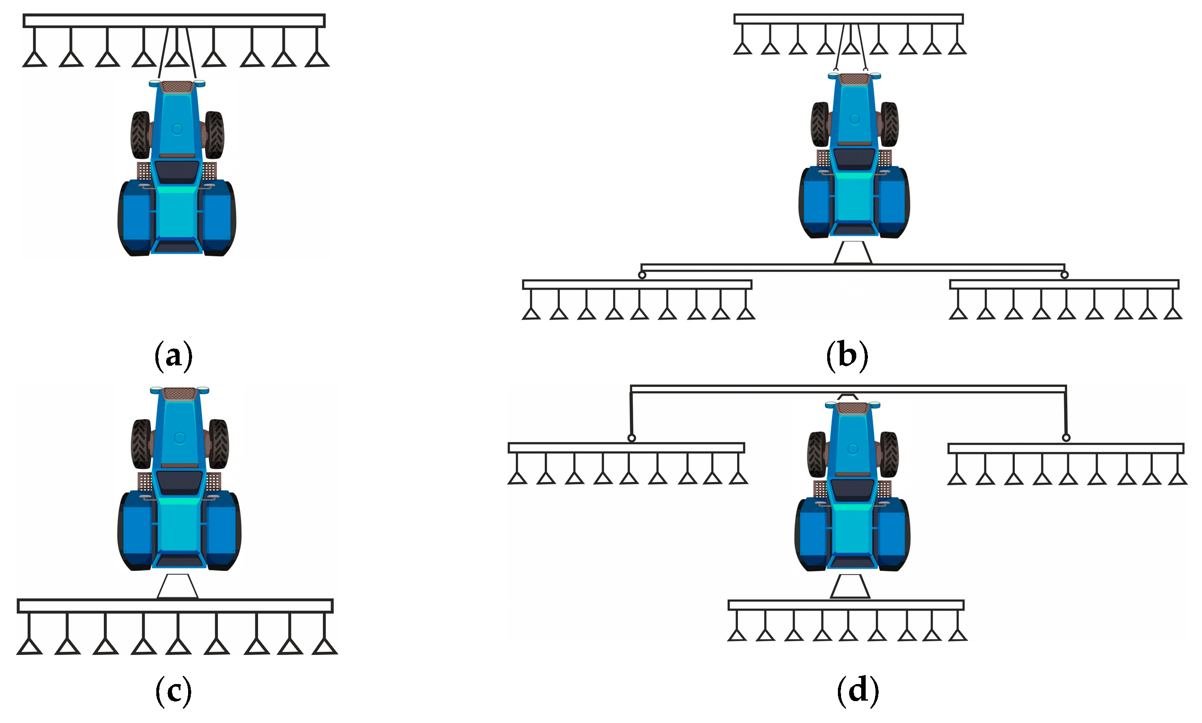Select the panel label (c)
tap(173, 691)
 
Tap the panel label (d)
tap(858, 691)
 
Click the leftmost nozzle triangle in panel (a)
tap(34, 60)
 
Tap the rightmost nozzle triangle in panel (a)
tap(317, 60)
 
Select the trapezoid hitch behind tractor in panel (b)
tap(853, 252)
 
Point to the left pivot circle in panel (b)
tap(642, 275)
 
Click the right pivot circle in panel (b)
tap(1065, 275)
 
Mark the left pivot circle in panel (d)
tap(631, 438)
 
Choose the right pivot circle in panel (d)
tap(1066, 437)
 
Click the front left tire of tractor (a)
tap(140, 135)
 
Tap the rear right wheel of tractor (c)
tap(223, 531)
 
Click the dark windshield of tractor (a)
tap(177, 171)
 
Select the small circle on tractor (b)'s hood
tap(854, 118)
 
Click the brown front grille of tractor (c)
tap(180, 393)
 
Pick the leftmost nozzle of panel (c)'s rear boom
tap(29, 646)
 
